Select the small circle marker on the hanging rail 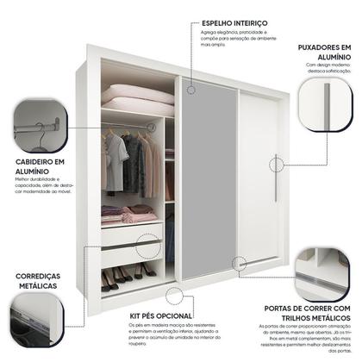coord(153,126)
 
